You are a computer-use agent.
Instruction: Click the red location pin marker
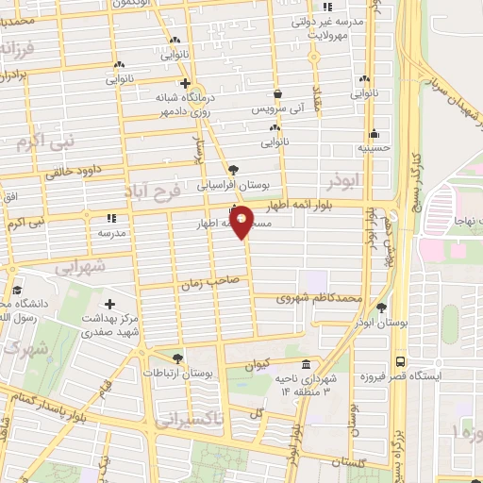pyautogui.click(x=241, y=222)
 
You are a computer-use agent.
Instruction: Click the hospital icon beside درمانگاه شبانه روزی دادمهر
pyautogui.click(x=186, y=83)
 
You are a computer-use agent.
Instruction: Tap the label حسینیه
pyautogui.click(x=374, y=148)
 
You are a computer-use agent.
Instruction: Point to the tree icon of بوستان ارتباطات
pyautogui.click(x=178, y=358)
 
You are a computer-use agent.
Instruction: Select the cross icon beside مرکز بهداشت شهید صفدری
pyautogui.click(x=110, y=304)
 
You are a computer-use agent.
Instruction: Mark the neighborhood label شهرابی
pyautogui.click(x=78, y=268)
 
